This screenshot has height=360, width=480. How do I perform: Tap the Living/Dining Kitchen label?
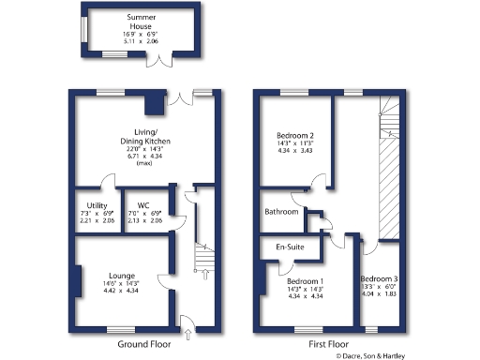pyautogui.click(x=143, y=136)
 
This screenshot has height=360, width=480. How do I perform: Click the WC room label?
pyautogui.click(x=143, y=205)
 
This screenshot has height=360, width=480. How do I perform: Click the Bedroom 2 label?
pyautogui.click(x=293, y=135)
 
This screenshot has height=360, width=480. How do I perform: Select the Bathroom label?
pyautogui.click(x=282, y=212)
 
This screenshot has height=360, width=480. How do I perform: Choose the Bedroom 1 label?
pyautogui.click(x=306, y=282)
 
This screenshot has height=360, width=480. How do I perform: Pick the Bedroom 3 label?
pyautogui.click(x=380, y=279)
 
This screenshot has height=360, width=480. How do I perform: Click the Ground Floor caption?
pyautogui.click(x=143, y=345)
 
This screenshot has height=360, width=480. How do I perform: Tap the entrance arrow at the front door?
pyautogui.click(x=187, y=331)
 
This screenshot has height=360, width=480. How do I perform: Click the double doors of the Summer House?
pyautogui.click(x=163, y=63)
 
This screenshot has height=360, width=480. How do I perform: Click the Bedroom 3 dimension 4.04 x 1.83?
pyautogui.click(x=380, y=294)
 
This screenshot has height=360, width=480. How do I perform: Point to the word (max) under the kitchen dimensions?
pyautogui.click(x=143, y=165)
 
